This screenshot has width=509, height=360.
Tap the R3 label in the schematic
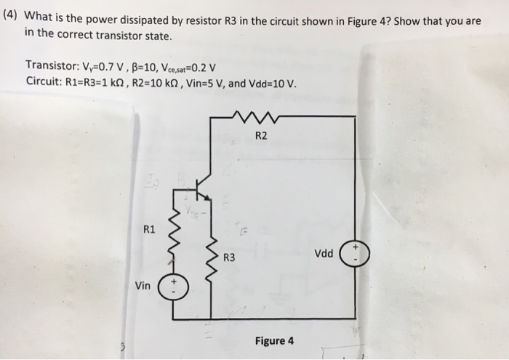coord(228,257)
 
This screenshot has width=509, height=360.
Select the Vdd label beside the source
coord(324,254)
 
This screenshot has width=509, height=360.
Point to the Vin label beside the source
coord(143,286)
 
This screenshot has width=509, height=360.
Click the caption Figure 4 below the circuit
coord(274,340)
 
